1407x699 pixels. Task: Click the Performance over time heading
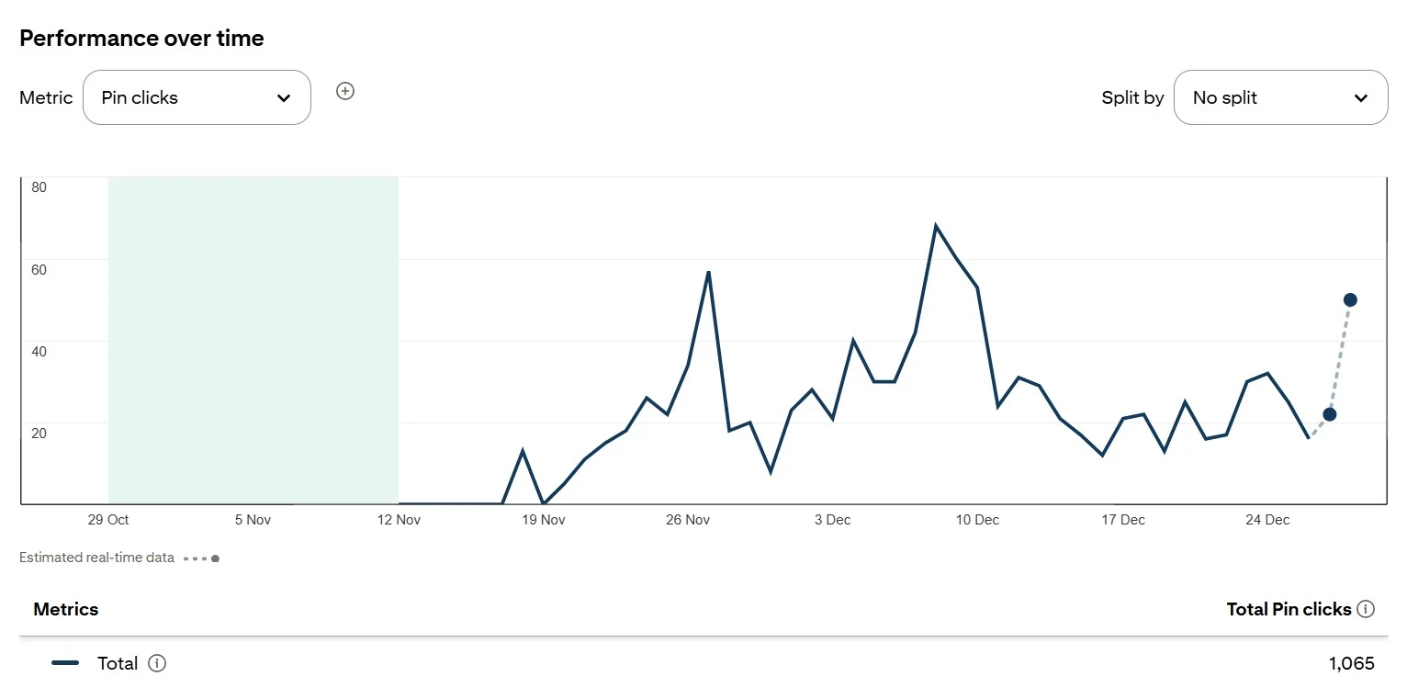(141, 39)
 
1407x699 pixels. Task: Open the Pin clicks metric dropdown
(197, 97)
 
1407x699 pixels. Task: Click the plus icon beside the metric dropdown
(345, 91)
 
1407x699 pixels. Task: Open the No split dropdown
(1280, 97)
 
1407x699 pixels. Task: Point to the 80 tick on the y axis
(39, 187)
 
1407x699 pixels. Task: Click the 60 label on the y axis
(39, 269)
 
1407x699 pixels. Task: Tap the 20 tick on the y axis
(39, 433)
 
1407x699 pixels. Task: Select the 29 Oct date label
(108, 520)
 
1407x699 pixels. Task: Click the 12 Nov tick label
(399, 520)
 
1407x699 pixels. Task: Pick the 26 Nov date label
(688, 520)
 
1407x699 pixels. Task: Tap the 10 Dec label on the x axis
(977, 520)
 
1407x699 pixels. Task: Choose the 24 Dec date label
(1267, 520)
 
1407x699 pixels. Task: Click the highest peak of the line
(936, 226)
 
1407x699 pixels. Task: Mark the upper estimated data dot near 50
(1350, 299)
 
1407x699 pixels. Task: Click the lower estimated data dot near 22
(1329, 414)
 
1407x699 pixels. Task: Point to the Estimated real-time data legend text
(96, 558)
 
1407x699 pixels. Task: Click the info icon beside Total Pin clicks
(1366, 609)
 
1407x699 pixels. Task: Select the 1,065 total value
(1351, 663)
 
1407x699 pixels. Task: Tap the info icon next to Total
(157, 663)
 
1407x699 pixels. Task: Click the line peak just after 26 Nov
(708, 273)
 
